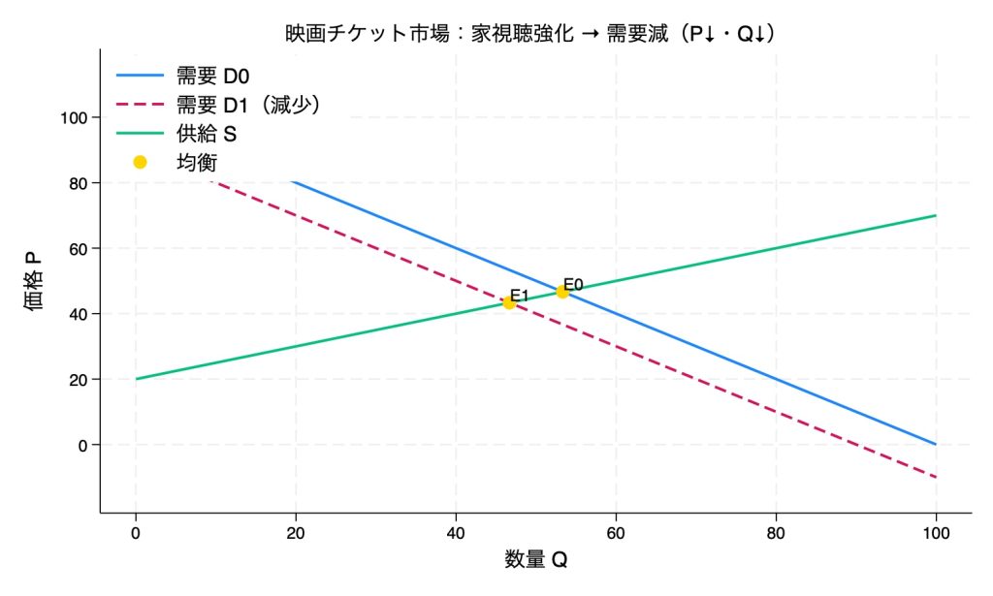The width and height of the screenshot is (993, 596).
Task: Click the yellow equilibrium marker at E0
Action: tap(562, 292)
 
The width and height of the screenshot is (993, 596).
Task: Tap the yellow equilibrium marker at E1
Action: tap(509, 302)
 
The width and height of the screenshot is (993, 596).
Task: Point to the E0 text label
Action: tap(573, 284)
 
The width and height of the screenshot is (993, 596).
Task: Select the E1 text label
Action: tap(520, 296)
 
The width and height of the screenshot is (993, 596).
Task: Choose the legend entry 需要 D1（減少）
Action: tap(248, 104)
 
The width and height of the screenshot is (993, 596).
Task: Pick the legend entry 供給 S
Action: tap(207, 133)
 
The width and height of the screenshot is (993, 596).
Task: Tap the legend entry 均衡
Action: tap(196, 162)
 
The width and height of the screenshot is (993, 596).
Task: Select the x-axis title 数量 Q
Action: tap(535, 559)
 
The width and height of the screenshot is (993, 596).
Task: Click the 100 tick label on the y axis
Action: tap(74, 117)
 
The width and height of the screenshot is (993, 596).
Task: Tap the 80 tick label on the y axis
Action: tap(78, 183)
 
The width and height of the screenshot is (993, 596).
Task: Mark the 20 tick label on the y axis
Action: tap(78, 379)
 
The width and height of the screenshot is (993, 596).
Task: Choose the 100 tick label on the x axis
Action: tap(935, 532)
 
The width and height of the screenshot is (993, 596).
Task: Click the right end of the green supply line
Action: tap(935, 215)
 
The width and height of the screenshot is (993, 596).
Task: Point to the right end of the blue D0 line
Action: tap(935, 444)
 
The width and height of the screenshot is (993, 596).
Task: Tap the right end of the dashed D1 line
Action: tap(935, 477)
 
